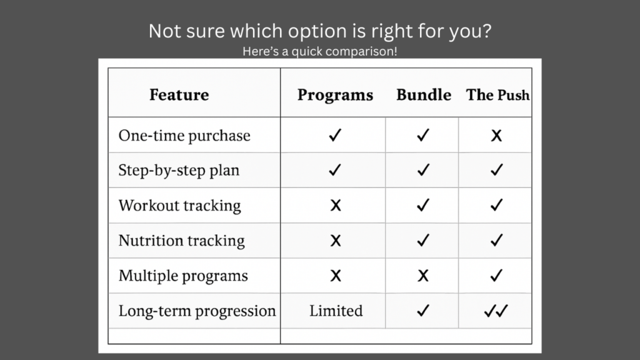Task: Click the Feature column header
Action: click(179, 95)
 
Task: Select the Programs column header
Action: click(335, 96)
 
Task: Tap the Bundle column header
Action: click(424, 95)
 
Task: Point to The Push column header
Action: click(498, 95)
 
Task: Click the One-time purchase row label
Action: click(184, 136)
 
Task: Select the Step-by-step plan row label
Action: click(179, 171)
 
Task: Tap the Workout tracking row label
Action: click(179, 206)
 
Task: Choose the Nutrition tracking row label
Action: click(182, 241)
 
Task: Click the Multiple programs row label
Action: click(183, 276)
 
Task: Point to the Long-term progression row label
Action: click(197, 311)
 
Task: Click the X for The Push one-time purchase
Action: click(496, 136)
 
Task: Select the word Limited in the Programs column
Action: click(336, 311)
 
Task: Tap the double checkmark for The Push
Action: click(496, 311)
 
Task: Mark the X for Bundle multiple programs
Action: click(423, 276)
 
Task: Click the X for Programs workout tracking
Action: click(336, 205)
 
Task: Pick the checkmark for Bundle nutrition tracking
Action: click(423, 240)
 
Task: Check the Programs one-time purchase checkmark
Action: click(335, 135)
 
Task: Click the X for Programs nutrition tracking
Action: click(336, 241)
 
